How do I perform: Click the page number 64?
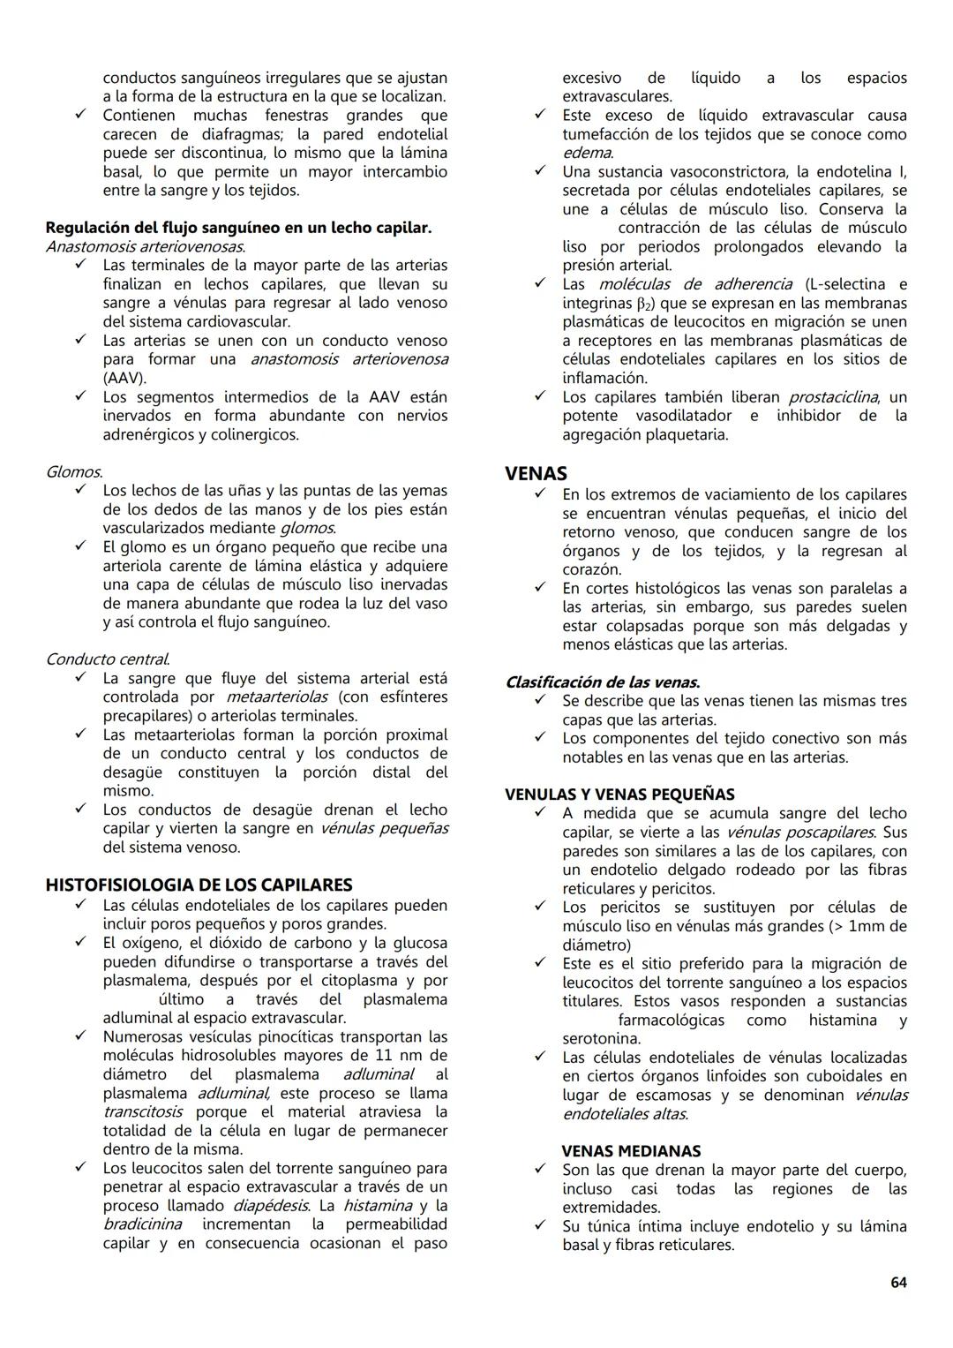[x=898, y=1283]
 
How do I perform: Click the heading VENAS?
[x=536, y=473]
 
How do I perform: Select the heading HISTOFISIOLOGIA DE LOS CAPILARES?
[x=199, y=885]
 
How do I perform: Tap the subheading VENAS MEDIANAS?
[x=631, y=1151]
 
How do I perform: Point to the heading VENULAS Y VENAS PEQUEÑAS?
[x=619, y=794]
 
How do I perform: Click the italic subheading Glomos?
[x=73, y=472]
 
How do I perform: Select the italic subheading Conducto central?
[x=107, y=659]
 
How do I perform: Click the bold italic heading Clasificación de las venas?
[x=603, y=682]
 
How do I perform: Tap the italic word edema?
[x=587, y=153]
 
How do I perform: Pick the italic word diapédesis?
[x=271, y=1206]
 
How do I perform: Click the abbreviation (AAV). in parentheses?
[x=124, y=378]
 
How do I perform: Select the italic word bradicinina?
[x=142, y=1224]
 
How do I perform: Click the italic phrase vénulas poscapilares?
[x=800, y=832]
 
